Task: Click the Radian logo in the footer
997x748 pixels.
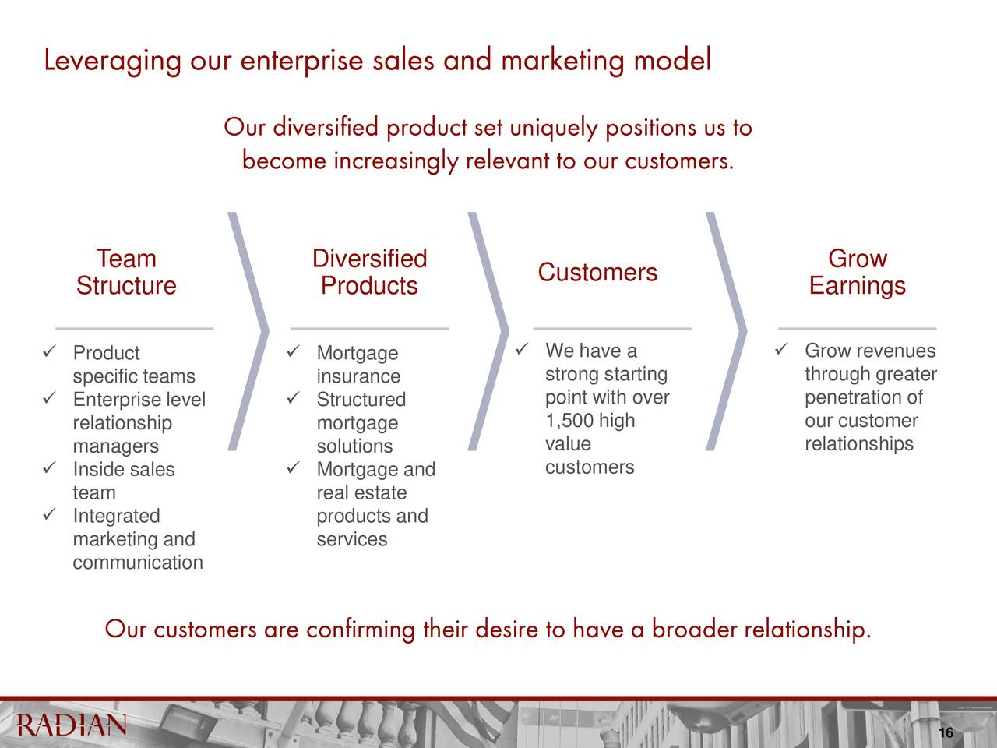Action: point(72,725)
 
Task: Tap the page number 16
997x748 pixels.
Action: point(946,732)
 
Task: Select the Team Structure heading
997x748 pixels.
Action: point(126,272)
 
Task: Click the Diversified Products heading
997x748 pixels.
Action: point(370,272)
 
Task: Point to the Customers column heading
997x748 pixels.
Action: point(597,273)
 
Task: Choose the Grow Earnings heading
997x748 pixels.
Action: point(858,272)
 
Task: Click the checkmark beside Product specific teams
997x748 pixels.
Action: point(49,351)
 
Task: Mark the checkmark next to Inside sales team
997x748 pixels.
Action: point(49,467)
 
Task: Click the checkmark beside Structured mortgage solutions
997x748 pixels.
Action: point(293,398)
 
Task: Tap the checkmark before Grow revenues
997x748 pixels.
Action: point(780,349)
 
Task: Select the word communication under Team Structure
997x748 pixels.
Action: point(138,563)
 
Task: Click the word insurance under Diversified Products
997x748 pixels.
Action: point(358,376)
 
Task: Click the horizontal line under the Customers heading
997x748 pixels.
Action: point(612,328)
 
